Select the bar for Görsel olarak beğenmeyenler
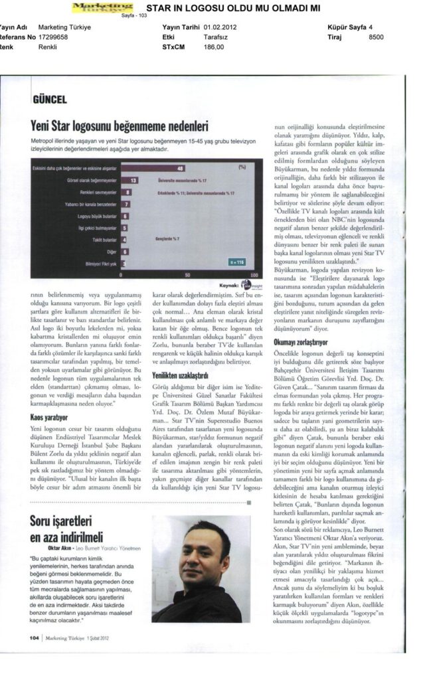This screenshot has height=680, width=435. (x=133, y=180)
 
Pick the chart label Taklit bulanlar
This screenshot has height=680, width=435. (x=106, y=240)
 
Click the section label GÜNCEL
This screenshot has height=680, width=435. (x=49, y=100)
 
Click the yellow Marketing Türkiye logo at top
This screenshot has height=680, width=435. (x=102, y=7)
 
